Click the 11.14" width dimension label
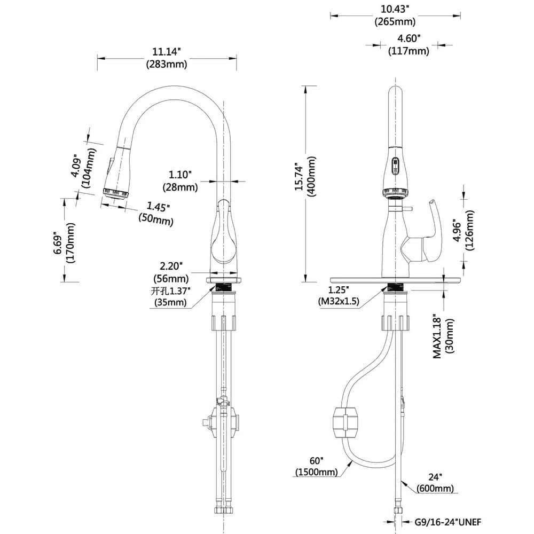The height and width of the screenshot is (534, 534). [x=166, y=52]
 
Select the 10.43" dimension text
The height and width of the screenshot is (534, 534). [x=395, y=9]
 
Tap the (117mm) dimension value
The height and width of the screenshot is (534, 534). [x=409, y=51]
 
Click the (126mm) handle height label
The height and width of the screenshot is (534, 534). [x=469, y=230]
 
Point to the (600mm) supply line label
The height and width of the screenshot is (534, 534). [x=436, y=488]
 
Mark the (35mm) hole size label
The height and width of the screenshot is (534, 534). [x=171, y=303]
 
